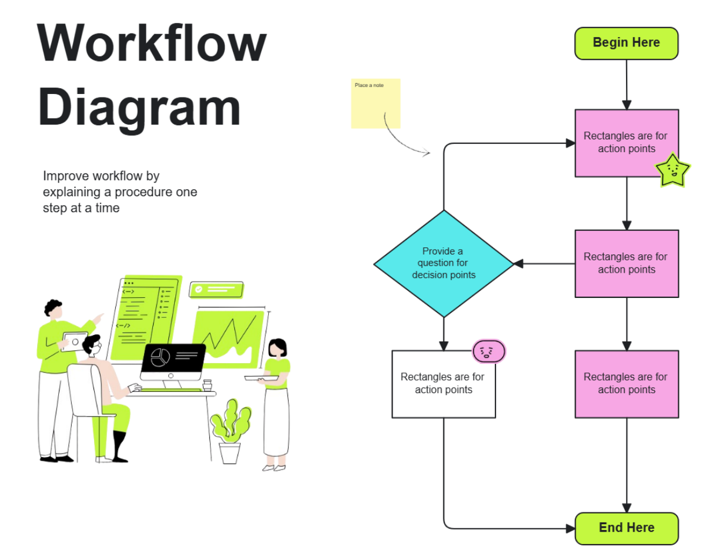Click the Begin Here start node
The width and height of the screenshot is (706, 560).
[x=626, y=43]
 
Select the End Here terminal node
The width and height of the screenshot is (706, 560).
[x=626, y=528]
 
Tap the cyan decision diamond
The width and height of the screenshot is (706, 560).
[x=444, y=263]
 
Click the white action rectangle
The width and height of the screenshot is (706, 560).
[x=444, y=384]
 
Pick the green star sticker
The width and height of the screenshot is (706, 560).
[x=672, y=170]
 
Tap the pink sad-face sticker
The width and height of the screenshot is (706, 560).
[x=489, y=351]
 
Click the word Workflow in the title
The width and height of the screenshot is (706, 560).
[x=152, y=44]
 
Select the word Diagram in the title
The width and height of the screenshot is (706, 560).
[x=140, y=108]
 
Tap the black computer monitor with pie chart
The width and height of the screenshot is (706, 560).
[x=172, y=361]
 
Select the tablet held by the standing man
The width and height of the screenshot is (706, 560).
[x=74, y=341]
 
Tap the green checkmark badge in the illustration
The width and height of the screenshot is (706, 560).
[x=215, y=289]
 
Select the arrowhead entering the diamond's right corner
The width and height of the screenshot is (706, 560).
[x=518, y=263]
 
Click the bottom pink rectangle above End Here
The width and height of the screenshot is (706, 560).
[x=626, y=384]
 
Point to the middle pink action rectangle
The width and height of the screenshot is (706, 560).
[x=626, y=263]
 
